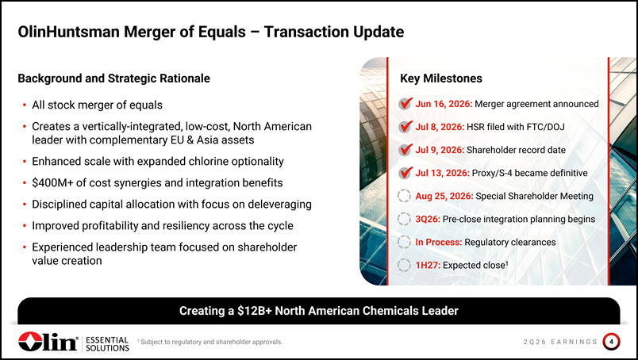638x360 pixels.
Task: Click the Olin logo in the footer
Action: (48, 341)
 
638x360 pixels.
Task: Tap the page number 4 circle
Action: (611, 342)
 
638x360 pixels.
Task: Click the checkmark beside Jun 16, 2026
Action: (405, 104)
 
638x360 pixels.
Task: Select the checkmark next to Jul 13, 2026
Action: (405, 173)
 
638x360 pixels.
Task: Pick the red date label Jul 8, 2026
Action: (440, 127)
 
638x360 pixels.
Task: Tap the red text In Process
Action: (439, 243)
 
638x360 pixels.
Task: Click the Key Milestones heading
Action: (441, 78)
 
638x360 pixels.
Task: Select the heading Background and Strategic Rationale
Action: (114, 78)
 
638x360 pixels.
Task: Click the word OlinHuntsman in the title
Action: (69, 32)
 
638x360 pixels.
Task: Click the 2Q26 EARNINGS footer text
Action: (560, 342)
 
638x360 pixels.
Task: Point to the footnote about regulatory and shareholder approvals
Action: (210, 342)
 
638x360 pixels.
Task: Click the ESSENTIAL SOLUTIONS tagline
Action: (107, 344)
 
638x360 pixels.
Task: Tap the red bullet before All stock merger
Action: (25, 105)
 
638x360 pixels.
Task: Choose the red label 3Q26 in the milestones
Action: (428, 220)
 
